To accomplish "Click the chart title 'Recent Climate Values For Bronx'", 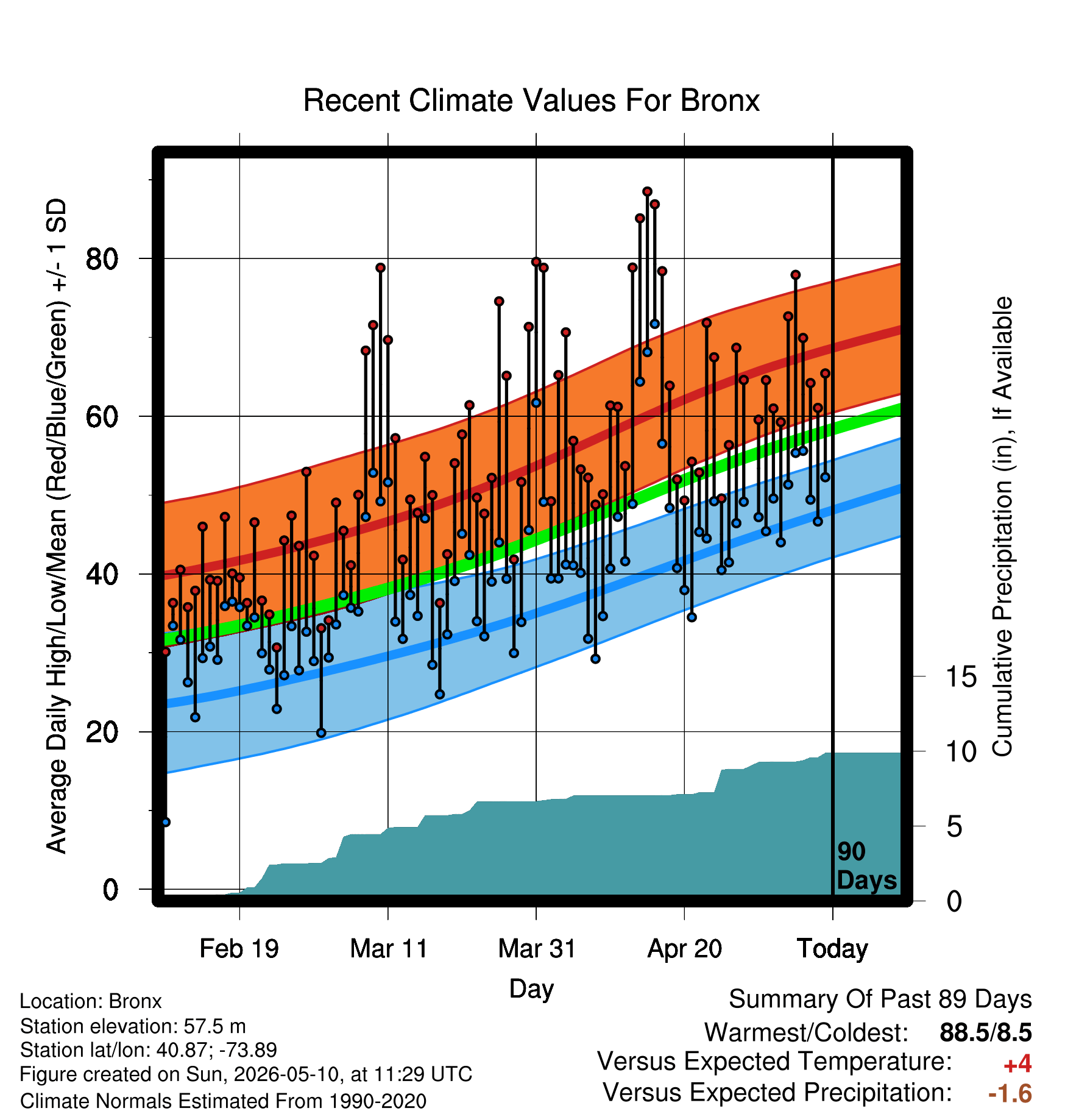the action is pyautogui.click(x=531, y=101).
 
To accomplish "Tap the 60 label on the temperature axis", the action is pyautogui.click(x=102, y=416).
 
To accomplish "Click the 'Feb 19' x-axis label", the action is pyautogui.click(x=239, y=948).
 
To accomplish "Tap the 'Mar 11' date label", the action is pyautogui.click(x=389, y=948).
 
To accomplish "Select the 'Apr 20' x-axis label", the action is pyautogui.click(x=685, y=948).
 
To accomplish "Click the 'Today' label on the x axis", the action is pyautogui.click(x=833, y=948).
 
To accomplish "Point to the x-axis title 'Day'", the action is pyautogui.click(x=531, y=988).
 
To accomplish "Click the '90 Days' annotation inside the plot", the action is pyautogui.click(x=866, y=866).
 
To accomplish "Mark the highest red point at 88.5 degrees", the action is pyautogui.click(x=647, y=192).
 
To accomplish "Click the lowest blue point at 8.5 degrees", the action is pyautogui.click(x=166, y=822).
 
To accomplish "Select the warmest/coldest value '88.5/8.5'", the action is pyautogui.click(x=986, y=1032).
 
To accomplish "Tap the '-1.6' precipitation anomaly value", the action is pyautogui.click(x=1010, y=1093).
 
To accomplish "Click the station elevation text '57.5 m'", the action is pyautogui.click(x=215, y=1026).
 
